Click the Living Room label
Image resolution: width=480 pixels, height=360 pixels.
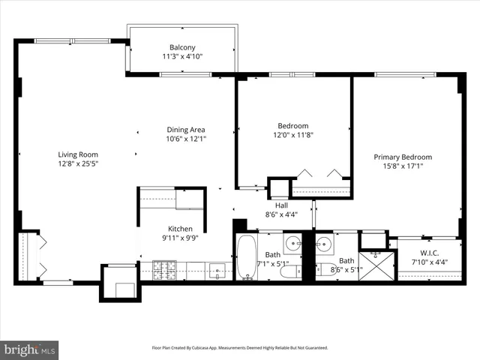pyautogui.click(x=78, y=154)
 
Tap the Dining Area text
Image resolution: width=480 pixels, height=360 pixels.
pyautogui.click(x=185, y=130)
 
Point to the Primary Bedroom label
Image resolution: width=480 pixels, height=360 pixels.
pyautogui.click(x=403, y=157)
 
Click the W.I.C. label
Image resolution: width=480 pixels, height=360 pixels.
pyautogui.click(x=429, y=253)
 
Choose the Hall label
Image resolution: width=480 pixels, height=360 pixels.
pyautogui.click(x=281, y=205)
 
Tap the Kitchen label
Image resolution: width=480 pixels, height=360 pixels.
pyautogui.click(x=180, y=229)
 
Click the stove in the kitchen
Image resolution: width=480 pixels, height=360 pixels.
pyautogui.click(x=164, y=270)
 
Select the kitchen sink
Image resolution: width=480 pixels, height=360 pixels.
pyautogui.click(x=217, y=269)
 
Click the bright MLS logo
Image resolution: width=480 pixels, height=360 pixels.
pyautogui.click(x=30, y=349)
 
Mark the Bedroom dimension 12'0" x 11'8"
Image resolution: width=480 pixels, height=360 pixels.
pyautogui.click(x=293, y=135)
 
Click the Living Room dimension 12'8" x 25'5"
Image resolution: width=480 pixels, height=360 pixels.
pyautogui.click(x=78, y=163)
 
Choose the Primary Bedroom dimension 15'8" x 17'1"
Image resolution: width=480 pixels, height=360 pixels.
pyautogui.click(x=403, y=166)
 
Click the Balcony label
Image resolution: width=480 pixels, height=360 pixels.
pyautogui.click(x=182, y=47)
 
